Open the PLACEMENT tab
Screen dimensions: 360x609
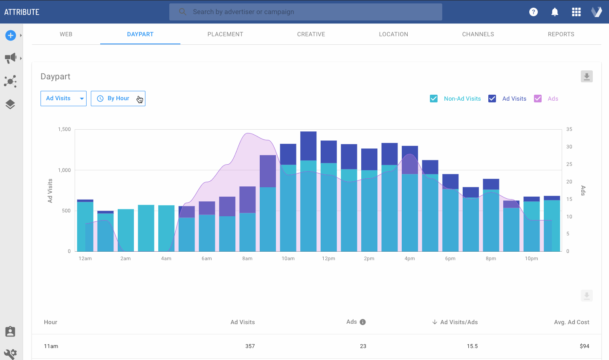225,34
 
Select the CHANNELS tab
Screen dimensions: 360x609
478,34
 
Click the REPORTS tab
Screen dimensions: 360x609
561,34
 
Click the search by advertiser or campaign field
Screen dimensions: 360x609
305,12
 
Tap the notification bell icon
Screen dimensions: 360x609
554,12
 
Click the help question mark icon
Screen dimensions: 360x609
533,12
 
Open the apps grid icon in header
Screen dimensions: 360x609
576,12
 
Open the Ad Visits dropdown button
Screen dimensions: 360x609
64,99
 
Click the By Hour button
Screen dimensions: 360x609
118,99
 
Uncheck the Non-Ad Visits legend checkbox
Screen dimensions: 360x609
434,99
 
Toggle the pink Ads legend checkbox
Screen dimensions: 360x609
538,99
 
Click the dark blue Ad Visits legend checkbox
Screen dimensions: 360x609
492,99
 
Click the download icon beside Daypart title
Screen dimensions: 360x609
586,77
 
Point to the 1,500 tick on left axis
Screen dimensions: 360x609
64,129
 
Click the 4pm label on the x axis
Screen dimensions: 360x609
409,258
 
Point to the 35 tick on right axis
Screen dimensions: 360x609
569,129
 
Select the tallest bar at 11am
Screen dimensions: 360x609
308,192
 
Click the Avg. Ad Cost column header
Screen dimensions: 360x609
571,322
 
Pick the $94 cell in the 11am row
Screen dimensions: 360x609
584,346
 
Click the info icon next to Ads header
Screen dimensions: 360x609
362,322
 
